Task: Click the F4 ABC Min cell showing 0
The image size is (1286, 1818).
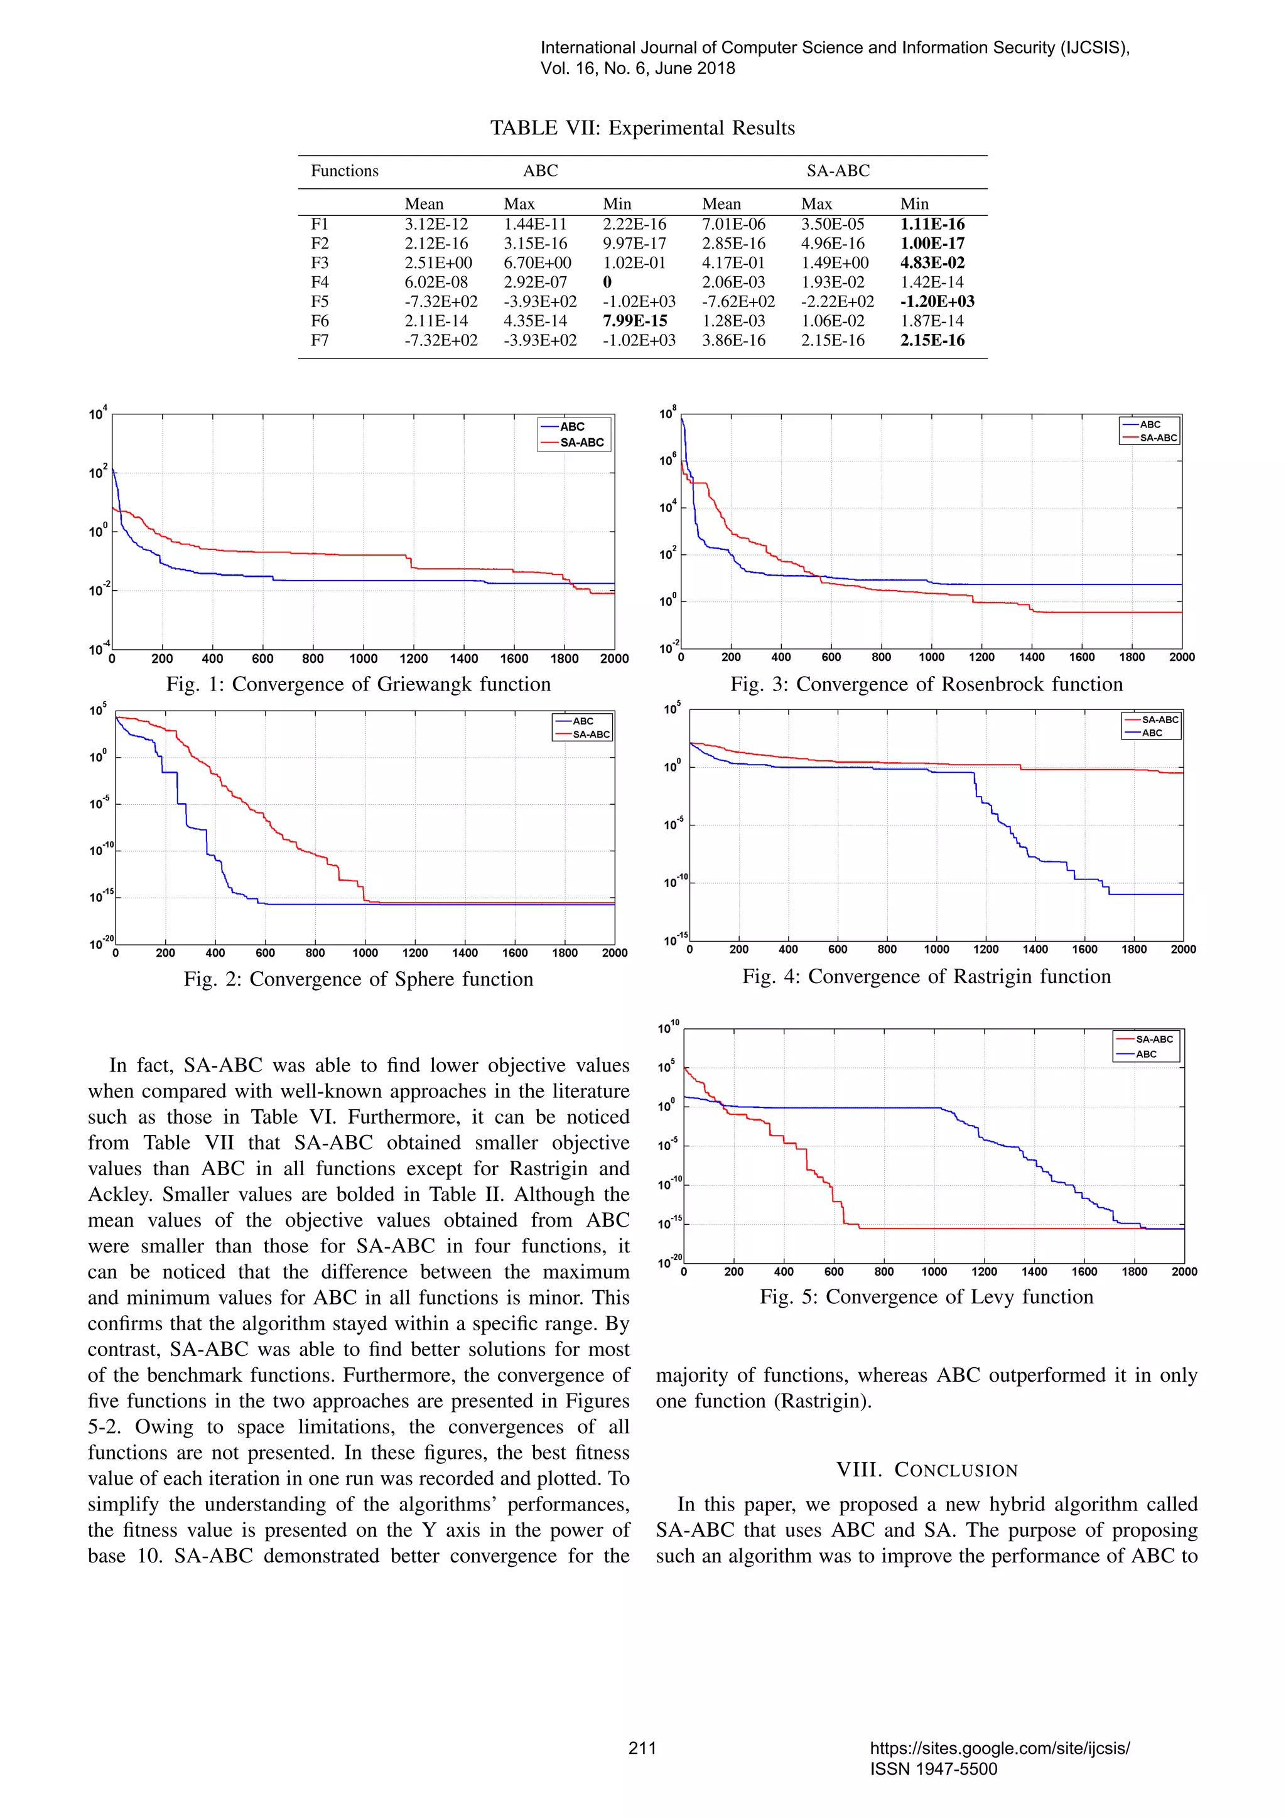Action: pyautogui.click(x=607, y=282)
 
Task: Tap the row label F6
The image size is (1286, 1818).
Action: pyautogui.click(x=319, y=321)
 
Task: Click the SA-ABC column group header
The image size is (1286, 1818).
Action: pyautogui.click(x=838, y=170)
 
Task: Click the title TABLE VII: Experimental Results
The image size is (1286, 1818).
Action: pyautogui.click(x=642, y=128)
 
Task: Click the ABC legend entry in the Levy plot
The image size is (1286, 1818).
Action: pyautogui.click(x=1146, y=1054)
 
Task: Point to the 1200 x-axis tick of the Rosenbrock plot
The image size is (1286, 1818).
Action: pyautogui.click(x=981, y=657)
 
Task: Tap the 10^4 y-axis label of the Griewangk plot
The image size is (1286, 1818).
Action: pyautogui.click(x=97, y=413)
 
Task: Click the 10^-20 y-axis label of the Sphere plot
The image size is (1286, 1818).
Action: pyautogui.click(x=100, y=943)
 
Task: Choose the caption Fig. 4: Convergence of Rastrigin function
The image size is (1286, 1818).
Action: pyautogui.click(x=926, y=976)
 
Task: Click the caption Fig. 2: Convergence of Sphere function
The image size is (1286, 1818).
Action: pyautogui.click(x=359, y=979)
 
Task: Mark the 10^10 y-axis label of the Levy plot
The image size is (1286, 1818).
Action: pyautogui.click(x=667, y=1028)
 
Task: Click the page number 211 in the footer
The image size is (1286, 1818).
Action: pyautogui.click(x=642, y=1748)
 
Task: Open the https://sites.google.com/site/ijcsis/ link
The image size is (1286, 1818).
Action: pyautogui.click(x=999, y=1748)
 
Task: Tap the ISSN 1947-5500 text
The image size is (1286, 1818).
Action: pyautogui.click(x=934, y=1769)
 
